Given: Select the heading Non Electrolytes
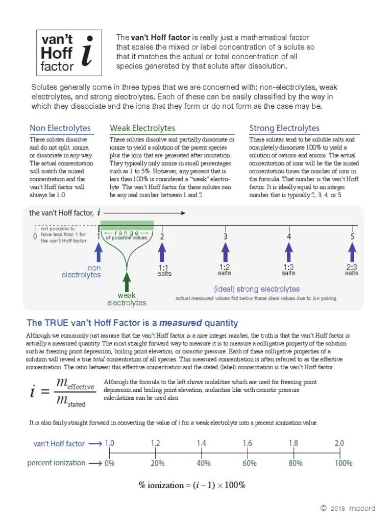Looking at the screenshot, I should pyautogui.click(x=60, y=128).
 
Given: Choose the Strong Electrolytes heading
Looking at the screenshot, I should pyautogui.click(x=284, y=128).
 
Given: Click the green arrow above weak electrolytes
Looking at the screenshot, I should pyautogui.click(x=127, y=282).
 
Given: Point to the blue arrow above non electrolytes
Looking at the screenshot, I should pyautogui.click(x=99, y=253).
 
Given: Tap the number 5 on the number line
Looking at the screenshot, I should pyautogui.click(x=352, y=236).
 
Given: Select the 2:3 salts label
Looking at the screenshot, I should pyautogui.click(x=352, y=270).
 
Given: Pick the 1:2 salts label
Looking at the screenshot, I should pyautogui.click(x=225, y=270).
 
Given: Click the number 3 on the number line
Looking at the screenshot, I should pyautogui.click(x=225, y=236).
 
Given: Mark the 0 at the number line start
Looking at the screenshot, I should pyautogui.click(x=35, y=236).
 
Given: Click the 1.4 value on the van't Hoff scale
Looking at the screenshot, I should pyautogui.click(x=202, y=443).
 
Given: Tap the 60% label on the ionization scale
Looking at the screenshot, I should pyautogui.click(x=249, y=463).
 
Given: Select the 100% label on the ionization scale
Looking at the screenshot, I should pyautogui.click(x=343, y=463).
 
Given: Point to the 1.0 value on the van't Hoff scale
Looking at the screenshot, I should pyautogui.click(x=109, y=443).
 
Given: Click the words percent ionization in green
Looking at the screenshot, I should pyautogui.click(x=56, y=463).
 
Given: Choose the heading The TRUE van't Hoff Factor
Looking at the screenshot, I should pyautogui.click(x=132, y=323).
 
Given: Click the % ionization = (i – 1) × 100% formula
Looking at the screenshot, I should pyautogui.click(x=192, y=485).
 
